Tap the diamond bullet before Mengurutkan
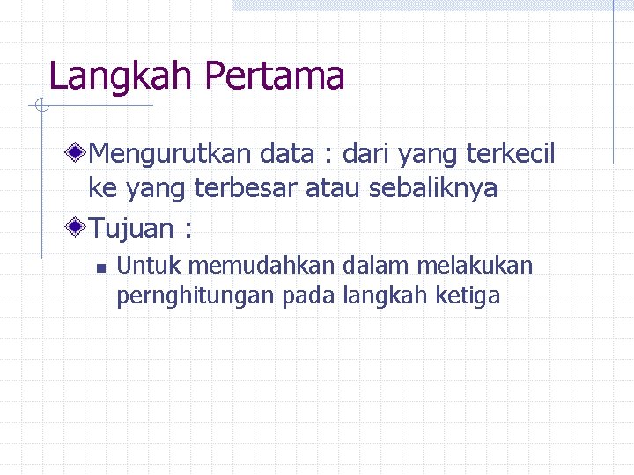click(x=77, y=155)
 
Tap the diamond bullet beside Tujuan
click(x=77, y=229)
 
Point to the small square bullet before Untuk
click(x=101, y=267)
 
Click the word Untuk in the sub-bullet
click(x=150, y=266)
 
